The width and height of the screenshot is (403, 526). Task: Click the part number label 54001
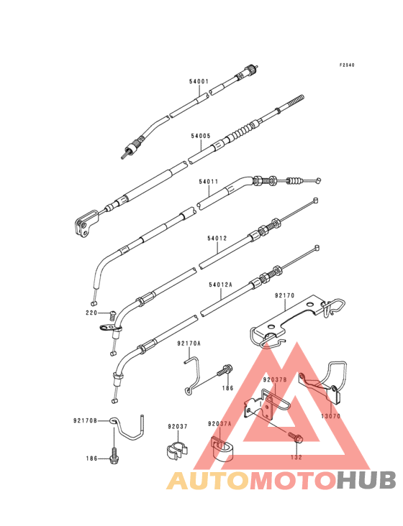tap(199, 81)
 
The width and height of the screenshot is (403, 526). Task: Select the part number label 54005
tap(201, 137)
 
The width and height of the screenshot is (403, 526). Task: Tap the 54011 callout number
tap(209, 182)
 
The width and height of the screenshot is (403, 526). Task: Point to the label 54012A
tap(220, 285)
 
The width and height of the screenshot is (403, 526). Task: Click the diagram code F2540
tap(347, 65)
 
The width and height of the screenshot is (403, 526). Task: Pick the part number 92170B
tap(86, 420)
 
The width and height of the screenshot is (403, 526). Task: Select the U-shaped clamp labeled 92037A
tap(222, 448)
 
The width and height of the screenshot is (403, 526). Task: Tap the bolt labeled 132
tap(296, 438)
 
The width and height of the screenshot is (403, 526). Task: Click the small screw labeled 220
tap(112, 316)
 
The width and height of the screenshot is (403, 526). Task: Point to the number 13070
tap(331, 416)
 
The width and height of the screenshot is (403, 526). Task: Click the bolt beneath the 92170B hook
tap(114, 456)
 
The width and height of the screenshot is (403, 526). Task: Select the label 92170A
tap(189, 343)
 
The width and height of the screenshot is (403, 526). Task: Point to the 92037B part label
tap(275, 379)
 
